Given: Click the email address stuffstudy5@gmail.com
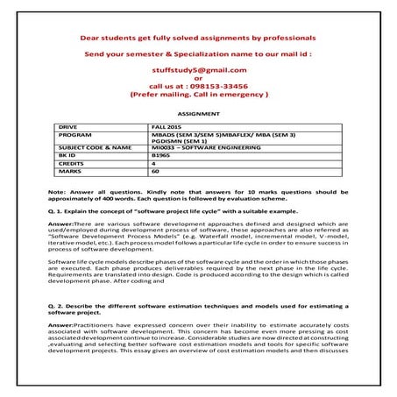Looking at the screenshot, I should click(x=197, y=69).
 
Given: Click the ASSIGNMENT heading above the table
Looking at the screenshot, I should click(x=198, y=114).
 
